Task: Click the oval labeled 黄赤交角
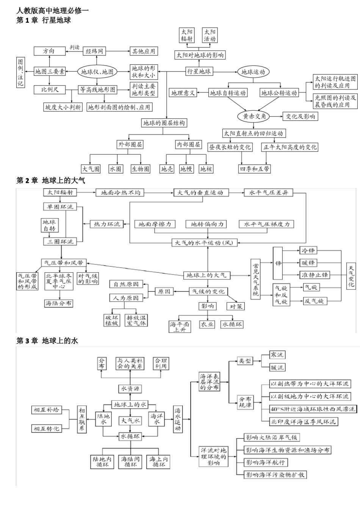[x=254, y=116]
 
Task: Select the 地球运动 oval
[x=253, y=72]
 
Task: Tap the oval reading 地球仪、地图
[x=97, y=72]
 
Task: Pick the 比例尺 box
[x=50, y=89]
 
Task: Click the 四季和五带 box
[x=255, y=169]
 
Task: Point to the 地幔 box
[x=186, y=169]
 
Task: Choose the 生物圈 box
[x=141, y=169]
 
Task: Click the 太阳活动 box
[x=210, y=35]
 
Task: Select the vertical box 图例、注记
[x=20, y=72]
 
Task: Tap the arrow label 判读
[x=74, y=47]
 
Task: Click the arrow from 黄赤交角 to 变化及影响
[x=276, y=116]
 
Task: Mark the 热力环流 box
[x=106, y=224]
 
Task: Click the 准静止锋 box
[x=315, y=275]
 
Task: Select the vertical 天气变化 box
[x=351, y=276]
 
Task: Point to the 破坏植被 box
[x=112, y=320]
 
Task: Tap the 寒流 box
[x=277, y=355]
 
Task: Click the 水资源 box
[x=130, y=389]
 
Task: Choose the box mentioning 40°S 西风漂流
[x=313, y=409]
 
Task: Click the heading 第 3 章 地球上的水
[x=47, y=340]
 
